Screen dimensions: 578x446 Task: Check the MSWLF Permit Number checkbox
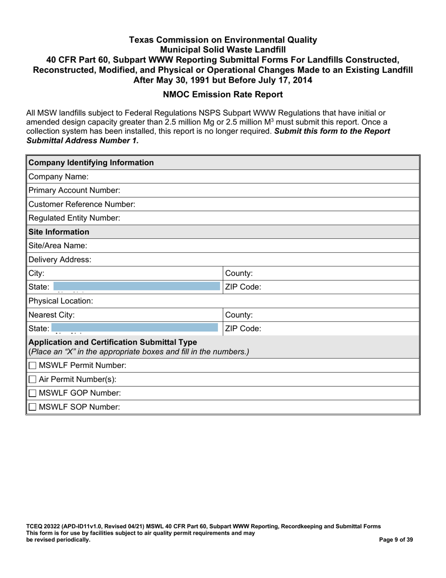[x=32, y=366]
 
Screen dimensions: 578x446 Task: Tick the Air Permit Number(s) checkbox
[x=32, y=379]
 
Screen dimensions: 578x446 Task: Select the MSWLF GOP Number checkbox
[x=32, y=393]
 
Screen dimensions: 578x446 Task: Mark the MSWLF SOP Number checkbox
[x=32, y=407]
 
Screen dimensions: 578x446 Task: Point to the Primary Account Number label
[x=74, y=190]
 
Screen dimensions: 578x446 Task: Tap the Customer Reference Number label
[x=82, y=204]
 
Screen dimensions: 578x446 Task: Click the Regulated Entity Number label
[x=74, y=218]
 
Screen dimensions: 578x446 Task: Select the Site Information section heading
[x=59, y=232]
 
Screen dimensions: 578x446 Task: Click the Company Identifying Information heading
[x=91, y=163]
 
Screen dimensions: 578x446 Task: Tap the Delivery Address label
[x=60, y=259]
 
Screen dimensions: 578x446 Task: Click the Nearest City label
[x=51, y=315]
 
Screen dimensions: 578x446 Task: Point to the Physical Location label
[x=61, y=301]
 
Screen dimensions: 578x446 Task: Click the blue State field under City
[x=136, y=286]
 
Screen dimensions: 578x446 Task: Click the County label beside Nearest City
[x=239, y=315]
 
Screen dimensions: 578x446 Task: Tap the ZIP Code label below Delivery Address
[x=243, y=287]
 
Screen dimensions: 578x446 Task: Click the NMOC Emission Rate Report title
[x=223, y=94]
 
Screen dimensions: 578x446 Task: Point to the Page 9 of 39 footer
[x=396, y=540]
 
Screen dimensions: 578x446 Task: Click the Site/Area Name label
[x=58, y=246]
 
